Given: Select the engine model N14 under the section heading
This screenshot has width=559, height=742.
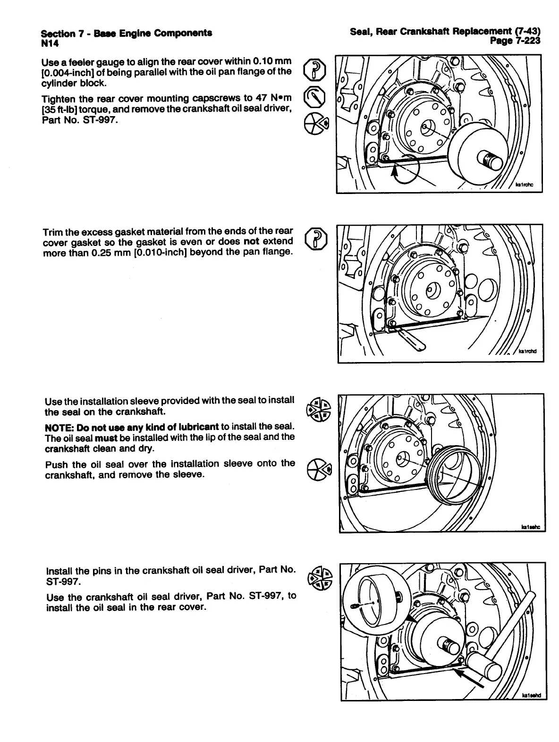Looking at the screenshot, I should tap(49, 43).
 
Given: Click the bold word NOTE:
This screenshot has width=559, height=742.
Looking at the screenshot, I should tap(59, 427).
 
